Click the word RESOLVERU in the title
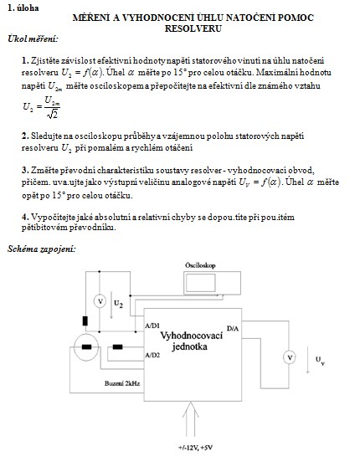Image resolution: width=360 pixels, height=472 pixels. [193, 28]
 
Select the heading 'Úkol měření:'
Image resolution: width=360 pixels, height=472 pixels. [33, 38]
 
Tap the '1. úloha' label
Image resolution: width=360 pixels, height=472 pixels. [23, 8]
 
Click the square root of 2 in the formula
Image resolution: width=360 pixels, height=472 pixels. [53, 114]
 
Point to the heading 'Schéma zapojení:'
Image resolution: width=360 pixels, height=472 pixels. [42, 249]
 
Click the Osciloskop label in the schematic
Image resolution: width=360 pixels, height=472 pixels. [200, 265]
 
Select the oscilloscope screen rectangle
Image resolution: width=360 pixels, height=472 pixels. [200, 283]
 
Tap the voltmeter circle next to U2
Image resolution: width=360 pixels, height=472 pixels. [100, 301]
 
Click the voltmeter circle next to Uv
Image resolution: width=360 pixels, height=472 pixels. [290, 357]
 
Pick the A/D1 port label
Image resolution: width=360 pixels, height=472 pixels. [152, 326]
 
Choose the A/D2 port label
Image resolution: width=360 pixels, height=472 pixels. [152, 355]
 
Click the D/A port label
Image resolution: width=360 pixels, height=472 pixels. [233, 328]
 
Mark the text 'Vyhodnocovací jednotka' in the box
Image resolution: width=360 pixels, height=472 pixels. [191, 341]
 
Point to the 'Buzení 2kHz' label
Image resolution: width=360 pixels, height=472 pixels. [122, 383]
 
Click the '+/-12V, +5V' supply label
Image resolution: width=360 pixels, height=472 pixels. [195, 448]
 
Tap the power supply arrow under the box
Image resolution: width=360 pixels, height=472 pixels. [191, 418]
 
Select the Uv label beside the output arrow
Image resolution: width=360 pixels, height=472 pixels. [320, 360]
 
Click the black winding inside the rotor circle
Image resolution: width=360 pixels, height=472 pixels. [87, 346]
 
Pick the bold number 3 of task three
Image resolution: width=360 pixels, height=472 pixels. [25, 170]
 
